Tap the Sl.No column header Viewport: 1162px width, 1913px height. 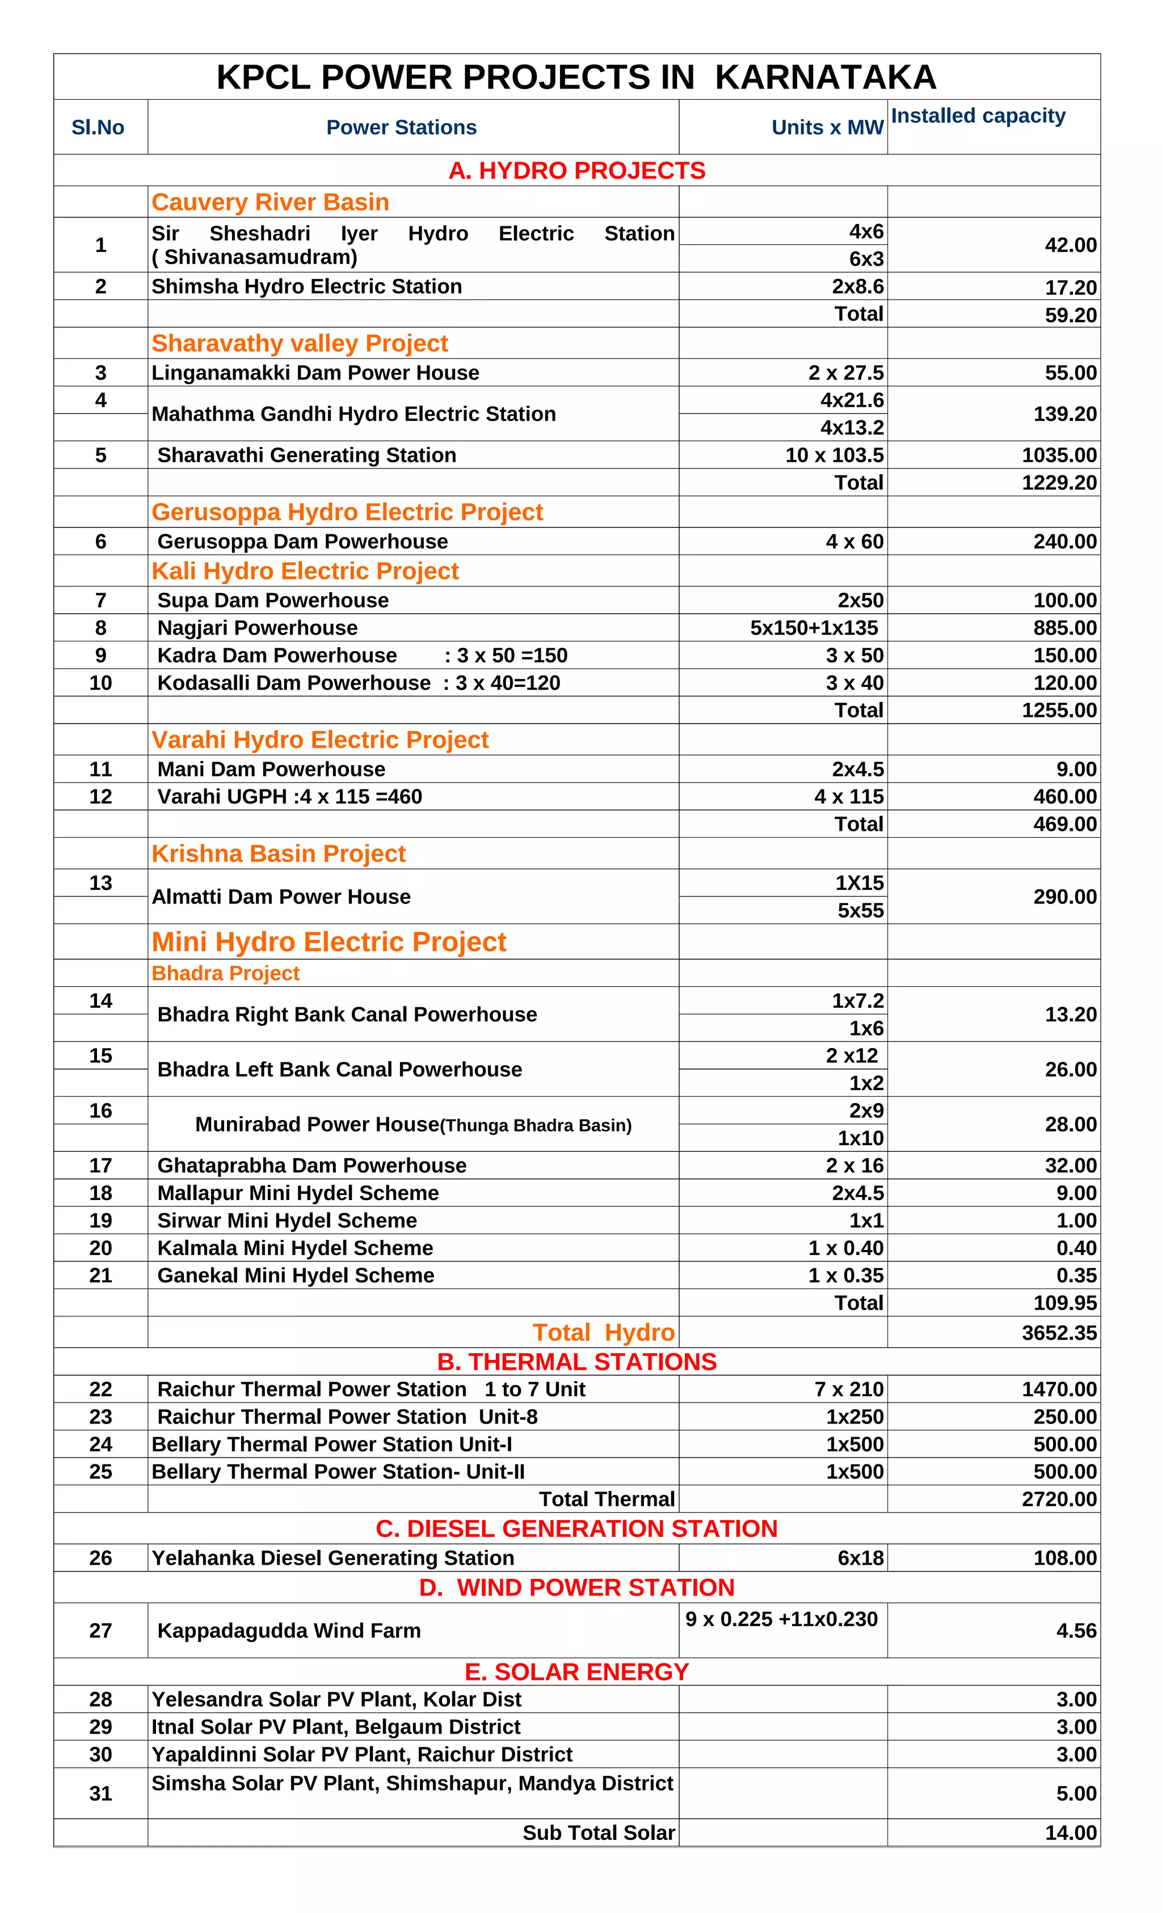tap(98, 128)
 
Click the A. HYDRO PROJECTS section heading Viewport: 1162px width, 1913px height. tap(576, 170)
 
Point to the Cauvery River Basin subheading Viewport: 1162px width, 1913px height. tap(270, 202)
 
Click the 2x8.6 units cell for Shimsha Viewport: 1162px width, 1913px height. tap(857, 286)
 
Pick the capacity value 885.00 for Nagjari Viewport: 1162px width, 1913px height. tap(1064, 627)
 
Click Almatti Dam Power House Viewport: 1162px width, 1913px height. tap(281, 897)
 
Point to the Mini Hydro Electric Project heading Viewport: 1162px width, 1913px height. tap(329, 941)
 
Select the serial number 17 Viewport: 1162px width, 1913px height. tap(100, 1165)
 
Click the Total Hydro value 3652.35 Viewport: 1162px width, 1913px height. tap(1059, 1333)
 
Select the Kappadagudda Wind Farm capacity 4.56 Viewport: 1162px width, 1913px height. tap(1076, 1631)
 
